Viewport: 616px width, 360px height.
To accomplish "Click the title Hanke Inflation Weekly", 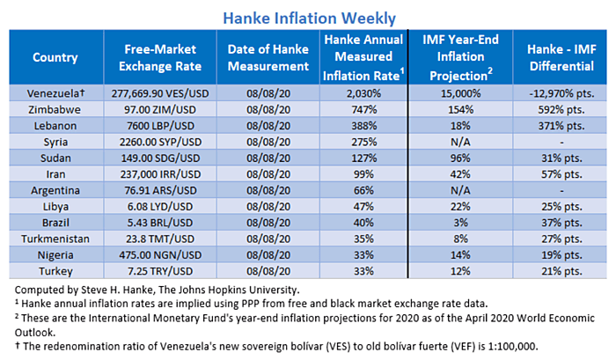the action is [309, 18].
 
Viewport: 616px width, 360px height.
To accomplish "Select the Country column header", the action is [55, 57].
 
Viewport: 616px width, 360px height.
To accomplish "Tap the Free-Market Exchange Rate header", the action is [160, 57].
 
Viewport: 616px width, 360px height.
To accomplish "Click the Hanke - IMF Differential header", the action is [561, 57].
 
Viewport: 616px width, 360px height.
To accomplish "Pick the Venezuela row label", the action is [55, 93].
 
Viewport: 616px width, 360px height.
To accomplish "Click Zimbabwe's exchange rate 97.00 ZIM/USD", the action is [160, 110].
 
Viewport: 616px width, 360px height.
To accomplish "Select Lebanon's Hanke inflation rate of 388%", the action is [363, 126].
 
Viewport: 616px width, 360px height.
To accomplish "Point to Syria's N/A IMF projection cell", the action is [460, 142].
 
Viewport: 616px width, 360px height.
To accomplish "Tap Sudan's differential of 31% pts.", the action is [561, 158].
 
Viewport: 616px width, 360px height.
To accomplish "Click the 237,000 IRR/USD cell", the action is [160, 174].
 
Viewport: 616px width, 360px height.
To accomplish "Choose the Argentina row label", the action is [55, 191].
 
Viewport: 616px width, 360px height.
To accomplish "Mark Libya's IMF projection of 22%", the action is [460, 206].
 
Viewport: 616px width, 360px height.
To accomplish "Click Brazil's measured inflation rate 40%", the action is [363, 223].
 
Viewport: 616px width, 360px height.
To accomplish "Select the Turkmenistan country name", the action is [55, 239].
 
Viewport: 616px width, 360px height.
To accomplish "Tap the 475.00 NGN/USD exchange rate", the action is [160, 254].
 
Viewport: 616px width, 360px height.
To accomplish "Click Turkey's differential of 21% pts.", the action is [561, 271].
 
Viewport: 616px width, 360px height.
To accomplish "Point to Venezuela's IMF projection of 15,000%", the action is [460, 93].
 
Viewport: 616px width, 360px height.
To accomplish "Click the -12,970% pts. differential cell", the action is [561, 93].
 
